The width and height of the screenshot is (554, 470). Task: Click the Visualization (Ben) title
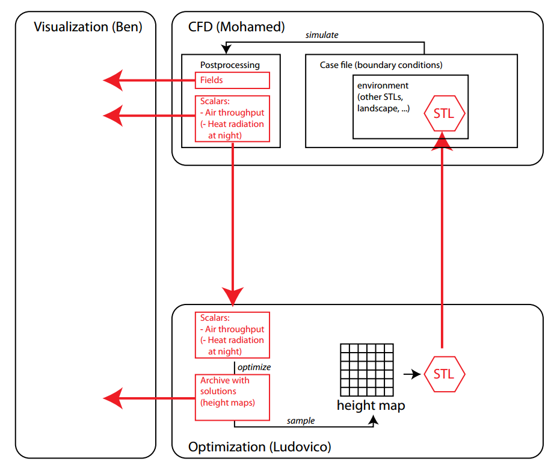[x=88, y=27]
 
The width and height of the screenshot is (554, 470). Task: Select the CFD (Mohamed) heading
[x=236, y=26]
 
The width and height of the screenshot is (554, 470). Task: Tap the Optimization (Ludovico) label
[x=259, y=447]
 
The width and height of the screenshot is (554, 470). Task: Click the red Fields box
[x=232, y=80]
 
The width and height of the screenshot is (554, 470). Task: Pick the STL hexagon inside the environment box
[x=445, y=113]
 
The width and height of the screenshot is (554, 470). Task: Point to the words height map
[x=371, y=405]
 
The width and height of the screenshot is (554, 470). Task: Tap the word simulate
[x=322, y=35]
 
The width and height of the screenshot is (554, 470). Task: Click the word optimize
[x=254, y=366]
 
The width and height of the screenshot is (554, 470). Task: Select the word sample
[x=301, y=421]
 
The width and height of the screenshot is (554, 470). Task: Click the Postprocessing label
[x=230, y=64]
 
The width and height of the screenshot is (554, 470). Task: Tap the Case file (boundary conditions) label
[x=381, y=64]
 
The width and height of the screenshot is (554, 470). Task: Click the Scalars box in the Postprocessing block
[x=232, y=119]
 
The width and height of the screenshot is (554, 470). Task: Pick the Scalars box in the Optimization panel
[x=232, y=335]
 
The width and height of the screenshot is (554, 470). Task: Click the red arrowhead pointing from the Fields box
[x=113, y=80]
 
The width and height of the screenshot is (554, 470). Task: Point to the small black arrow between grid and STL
[x=411, y=374]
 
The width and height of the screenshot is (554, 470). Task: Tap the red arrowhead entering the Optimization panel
[x=233, y=295]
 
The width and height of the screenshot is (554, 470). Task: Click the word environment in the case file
[x=383, y=85]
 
